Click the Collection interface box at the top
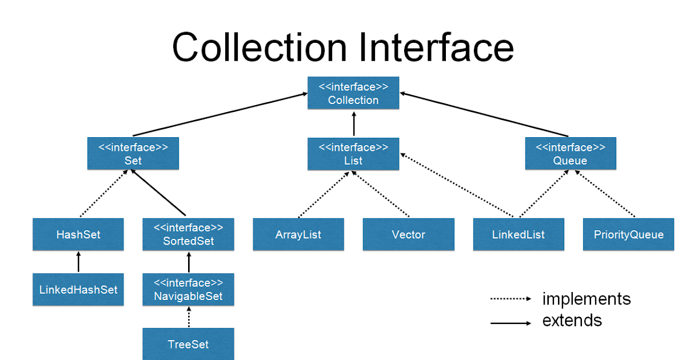(x=353, y=93)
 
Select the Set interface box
(x=133, y=154)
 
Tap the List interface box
(x=353, y=154)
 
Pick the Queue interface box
(x=570, y=154)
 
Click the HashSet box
(x=78, y=234)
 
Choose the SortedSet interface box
(x=188, y=234)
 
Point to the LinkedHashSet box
(x=78, y=289)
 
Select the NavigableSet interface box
(x=188, y=290)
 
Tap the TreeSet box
(x=188, y=344)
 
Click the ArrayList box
(x=298, y=234)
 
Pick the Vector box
(x=408, y=234)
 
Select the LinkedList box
(x=519, y=234)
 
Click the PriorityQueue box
(x=628, y=234)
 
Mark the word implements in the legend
(x=586, y=299)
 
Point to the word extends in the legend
(x=572, y=320)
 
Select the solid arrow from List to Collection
(x=353, y=123)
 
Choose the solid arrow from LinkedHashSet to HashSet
(x=78, y=262)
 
